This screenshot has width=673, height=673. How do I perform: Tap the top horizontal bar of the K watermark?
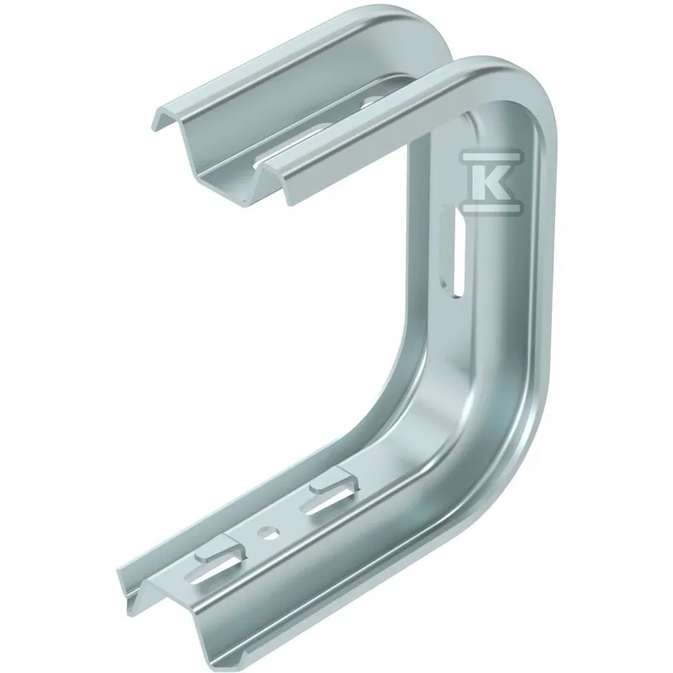(491, 154)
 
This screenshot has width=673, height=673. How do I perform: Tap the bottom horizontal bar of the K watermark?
(491, 208)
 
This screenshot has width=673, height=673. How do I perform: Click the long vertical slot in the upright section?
(455, 250)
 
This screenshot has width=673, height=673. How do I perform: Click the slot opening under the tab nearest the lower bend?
(326, 502)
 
